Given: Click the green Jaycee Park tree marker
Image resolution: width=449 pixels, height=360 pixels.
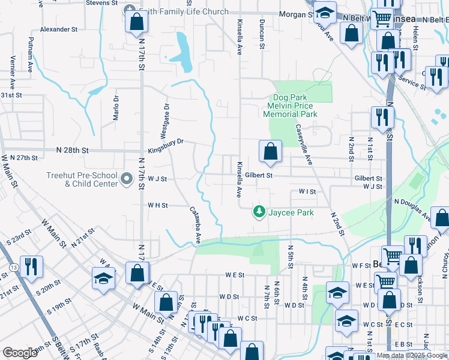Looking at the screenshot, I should pos(259,212).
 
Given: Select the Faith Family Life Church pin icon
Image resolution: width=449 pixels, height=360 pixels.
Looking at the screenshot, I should pos(129,11).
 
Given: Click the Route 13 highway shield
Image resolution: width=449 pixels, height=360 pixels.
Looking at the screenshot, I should pos(12,266).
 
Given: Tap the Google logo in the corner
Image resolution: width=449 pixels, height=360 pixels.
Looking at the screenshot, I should pos(20,353).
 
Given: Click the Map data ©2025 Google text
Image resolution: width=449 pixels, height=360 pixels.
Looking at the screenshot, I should pos(412,356).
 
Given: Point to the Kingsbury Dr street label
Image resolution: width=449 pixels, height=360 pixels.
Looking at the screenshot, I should pos(165,142).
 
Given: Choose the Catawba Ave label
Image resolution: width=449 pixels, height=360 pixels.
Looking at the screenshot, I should pos(196,226).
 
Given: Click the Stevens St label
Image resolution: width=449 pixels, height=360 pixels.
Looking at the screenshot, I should pos(101,4).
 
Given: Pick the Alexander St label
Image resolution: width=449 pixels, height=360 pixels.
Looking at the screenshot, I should pos(59,29).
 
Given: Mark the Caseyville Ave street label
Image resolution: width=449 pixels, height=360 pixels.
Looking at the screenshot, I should pos(304,145).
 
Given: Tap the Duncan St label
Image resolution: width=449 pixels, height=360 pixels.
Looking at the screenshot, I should pos(262,34).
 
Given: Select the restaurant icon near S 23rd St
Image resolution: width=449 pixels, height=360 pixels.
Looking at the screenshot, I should pos(32,266).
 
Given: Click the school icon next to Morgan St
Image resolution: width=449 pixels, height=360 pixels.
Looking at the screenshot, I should pos(325,13).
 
